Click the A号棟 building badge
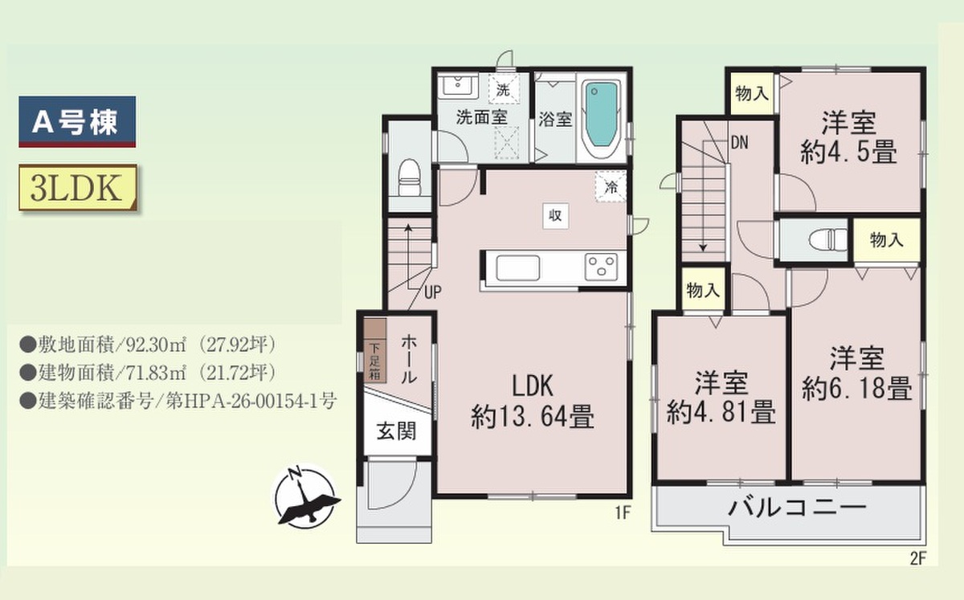[77, 122]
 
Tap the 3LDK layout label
[77, 188]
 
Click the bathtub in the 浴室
[601, 116]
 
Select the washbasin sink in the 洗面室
[458, 86]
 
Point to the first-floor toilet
[409, 178]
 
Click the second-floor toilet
[828, 239]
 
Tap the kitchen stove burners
[601, 267]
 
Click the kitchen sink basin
[517, 268]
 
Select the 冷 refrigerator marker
[611, 186]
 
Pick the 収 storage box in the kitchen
[555, 215]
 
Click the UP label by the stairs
[432, 292]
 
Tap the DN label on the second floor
[739, 142]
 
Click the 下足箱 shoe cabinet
[375, 361]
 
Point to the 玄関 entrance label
[396, 431]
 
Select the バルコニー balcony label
[797, 508]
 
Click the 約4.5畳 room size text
[848, 152]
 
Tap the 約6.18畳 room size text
[857, 388]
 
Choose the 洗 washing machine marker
[503, 89]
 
